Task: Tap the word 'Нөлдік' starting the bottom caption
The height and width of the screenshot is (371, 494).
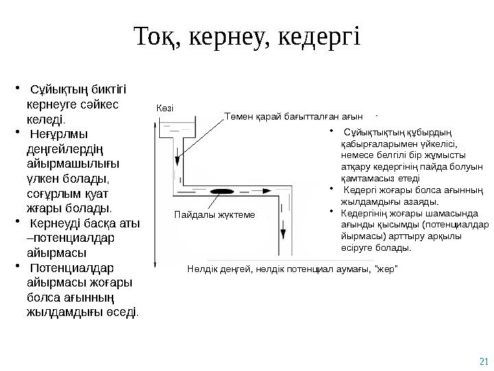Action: (200, 266)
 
